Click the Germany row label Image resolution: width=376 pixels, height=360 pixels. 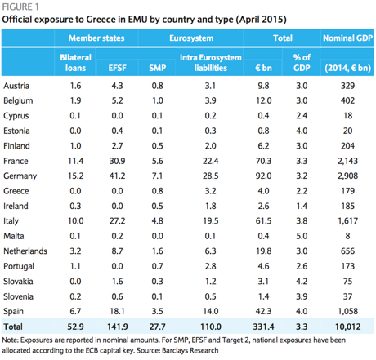(x=20, y=176)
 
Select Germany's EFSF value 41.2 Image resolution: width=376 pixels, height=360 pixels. (x=117, y=176)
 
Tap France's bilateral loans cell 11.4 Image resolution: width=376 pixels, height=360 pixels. (x=75, y=161)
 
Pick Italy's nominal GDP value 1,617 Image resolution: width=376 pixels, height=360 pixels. (x=347, y=221)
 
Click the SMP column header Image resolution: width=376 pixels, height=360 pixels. (x=158, y=68)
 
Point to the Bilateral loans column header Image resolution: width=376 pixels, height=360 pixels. (x=75, y=63)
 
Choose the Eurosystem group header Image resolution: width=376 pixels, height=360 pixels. (x=191, y=38)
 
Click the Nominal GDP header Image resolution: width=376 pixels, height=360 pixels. (x=347, y=38)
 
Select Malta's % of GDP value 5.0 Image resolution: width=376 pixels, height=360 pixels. (x=302, y=236)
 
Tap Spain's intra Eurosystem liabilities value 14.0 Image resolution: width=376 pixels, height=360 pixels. (x=211, y=311)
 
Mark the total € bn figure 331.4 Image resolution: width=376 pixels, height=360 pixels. (x=263, y=327)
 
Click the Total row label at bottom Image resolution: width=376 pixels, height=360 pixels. (x=13, y=327)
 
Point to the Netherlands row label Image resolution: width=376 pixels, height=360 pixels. (x=25, y=251)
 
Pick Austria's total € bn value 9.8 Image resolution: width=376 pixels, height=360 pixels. (x=263, y=86)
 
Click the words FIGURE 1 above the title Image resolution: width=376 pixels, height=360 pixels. (x=20, y=7)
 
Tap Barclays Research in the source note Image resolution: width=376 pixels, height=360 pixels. (x=190, y=350)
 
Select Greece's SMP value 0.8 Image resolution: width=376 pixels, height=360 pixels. (x=158, y=191)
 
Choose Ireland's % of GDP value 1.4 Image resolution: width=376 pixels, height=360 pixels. (x=302, y=206)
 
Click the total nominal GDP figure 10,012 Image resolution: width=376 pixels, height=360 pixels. (x=347, y=327)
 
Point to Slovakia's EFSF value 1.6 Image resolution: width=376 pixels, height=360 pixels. (x=117, y=281)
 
